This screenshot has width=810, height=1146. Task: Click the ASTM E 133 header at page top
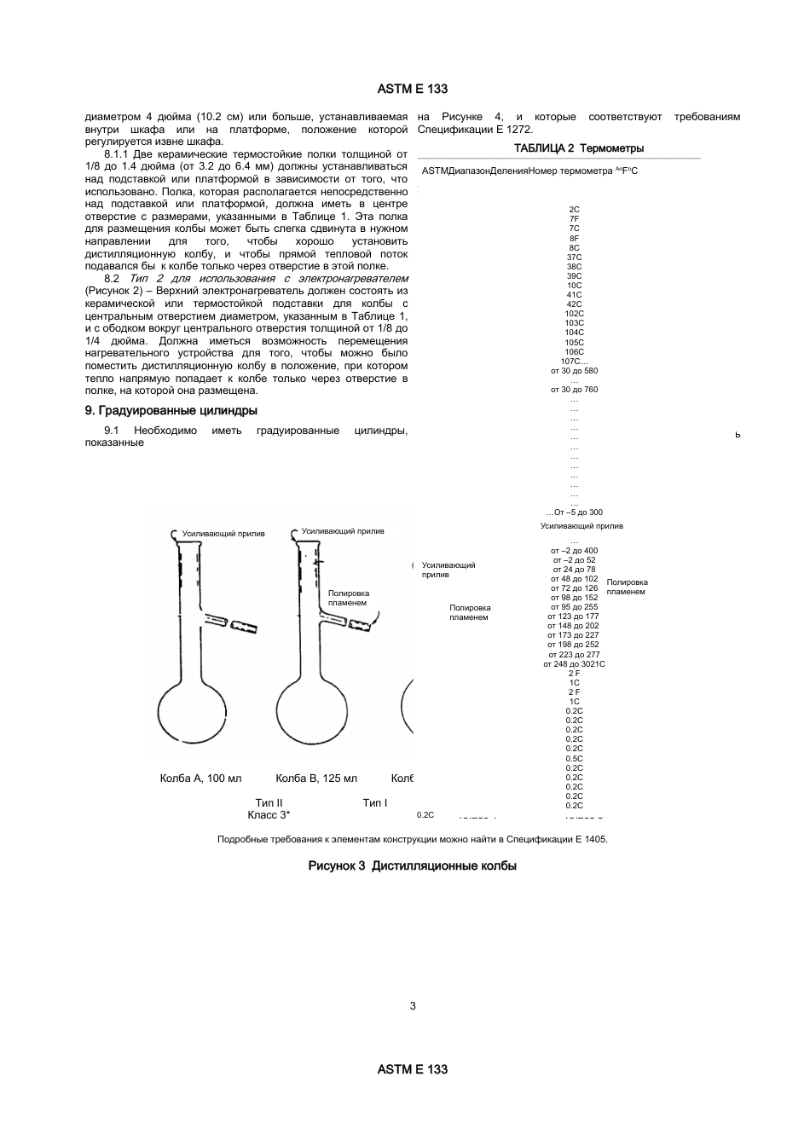point(413,89)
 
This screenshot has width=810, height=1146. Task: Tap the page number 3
point(413,1006)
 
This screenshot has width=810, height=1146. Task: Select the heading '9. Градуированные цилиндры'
point(171,410)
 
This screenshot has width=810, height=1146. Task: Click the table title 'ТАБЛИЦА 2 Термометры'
point(579,148)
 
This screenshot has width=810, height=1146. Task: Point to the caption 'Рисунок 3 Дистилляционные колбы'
point(413,865)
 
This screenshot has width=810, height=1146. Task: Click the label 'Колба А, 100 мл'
point(201,778)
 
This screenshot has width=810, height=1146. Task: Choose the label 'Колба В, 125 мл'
point(316,778)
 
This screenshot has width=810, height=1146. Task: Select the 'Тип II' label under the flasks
point(269,802)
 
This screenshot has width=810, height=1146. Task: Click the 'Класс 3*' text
point(269,815)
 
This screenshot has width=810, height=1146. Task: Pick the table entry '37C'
point(575,257)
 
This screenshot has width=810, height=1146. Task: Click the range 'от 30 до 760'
point(575,390)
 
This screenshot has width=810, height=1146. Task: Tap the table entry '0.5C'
point(575,758)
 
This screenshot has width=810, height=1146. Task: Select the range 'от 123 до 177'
point(575,616)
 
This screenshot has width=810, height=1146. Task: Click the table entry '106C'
point(575,351)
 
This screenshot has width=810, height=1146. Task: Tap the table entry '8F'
point(575,238)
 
